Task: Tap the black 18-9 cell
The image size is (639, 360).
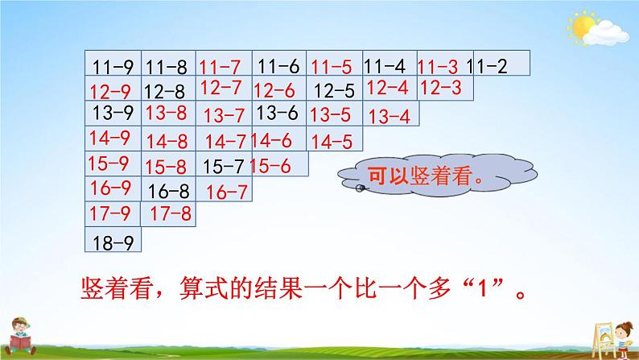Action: tap(113, 241)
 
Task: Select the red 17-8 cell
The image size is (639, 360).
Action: tap(170, 214)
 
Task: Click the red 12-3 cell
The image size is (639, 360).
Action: tap(441, 87)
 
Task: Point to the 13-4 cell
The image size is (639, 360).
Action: tap(389, 116)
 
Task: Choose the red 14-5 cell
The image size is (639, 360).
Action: tap(332, 142)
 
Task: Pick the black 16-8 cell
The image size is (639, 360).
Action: tap(170, 191)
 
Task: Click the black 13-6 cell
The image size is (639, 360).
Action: tap(278, 113)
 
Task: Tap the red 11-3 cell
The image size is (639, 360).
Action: tap(441, 65)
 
